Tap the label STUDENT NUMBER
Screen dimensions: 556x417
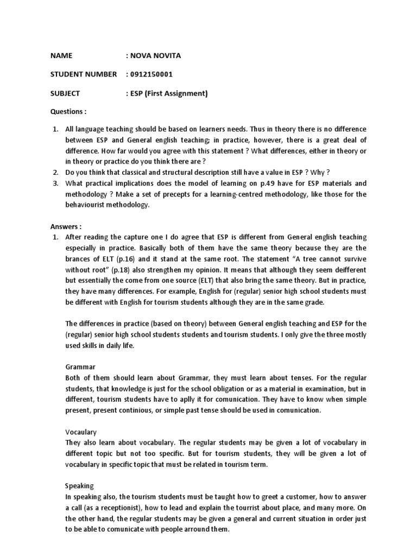point(83,74)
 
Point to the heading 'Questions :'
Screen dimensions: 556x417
point(68,111)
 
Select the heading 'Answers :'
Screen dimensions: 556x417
point(66,226)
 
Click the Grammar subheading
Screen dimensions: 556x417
point(80,367)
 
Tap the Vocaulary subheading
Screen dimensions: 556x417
point(81,432)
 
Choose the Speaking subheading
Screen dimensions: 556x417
point(79,485)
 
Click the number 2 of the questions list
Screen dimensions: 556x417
point(55,172)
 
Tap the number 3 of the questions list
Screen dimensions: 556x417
point(55,183)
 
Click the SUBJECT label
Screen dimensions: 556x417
point(65,93)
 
